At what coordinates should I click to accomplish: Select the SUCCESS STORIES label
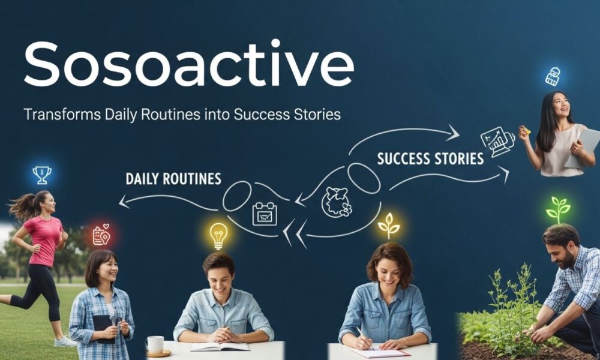tap(430, 159)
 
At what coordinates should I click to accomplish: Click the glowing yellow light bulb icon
tap(218, 235)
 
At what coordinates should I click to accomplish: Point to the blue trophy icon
tap(42, 175)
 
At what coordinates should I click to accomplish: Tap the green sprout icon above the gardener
tap(558, 209)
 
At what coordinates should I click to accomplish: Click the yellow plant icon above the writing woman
tap(389, 226)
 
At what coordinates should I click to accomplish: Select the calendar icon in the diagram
tap(265, 214)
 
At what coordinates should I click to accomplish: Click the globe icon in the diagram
tap(337, 202)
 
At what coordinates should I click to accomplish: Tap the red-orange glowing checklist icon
tap(101, 235)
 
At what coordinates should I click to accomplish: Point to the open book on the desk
tap(220, 346)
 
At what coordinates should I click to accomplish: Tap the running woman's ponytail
tap(21, 206)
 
